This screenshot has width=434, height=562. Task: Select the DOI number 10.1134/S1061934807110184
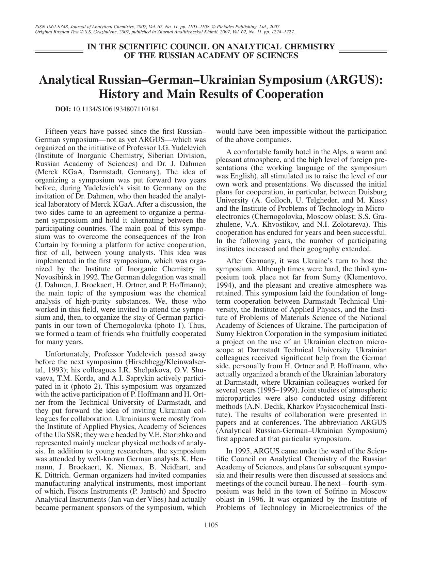pyautogui.click(x=115, y=109)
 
